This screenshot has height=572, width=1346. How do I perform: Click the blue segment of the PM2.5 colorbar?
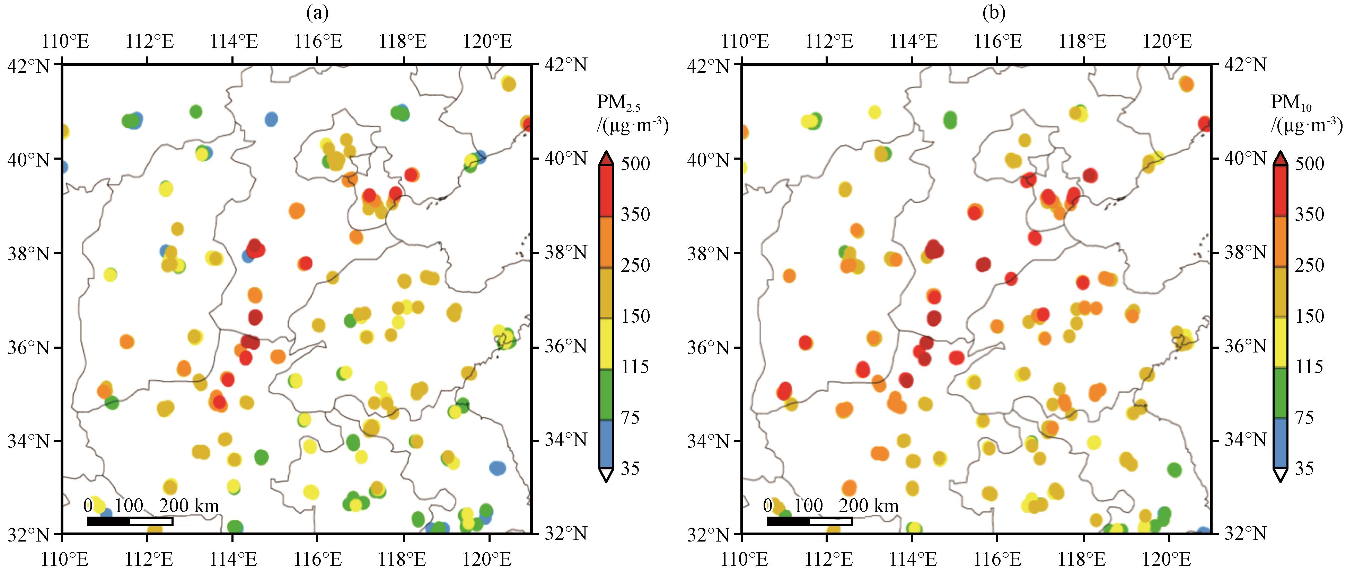click(x=606, y=444)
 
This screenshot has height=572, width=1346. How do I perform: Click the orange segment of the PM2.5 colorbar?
click(x=606, y=242)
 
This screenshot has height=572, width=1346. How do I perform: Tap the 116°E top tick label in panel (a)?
click(x=318, y=41)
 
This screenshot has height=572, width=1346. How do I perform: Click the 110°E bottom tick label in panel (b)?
click(x=741, y=560)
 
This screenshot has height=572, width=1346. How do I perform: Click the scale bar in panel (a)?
click(x=130, y=521)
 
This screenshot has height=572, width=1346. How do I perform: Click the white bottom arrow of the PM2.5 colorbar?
click(x=606, y=474)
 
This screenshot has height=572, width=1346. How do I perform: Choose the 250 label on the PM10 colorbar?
click(x=1309, y=265)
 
